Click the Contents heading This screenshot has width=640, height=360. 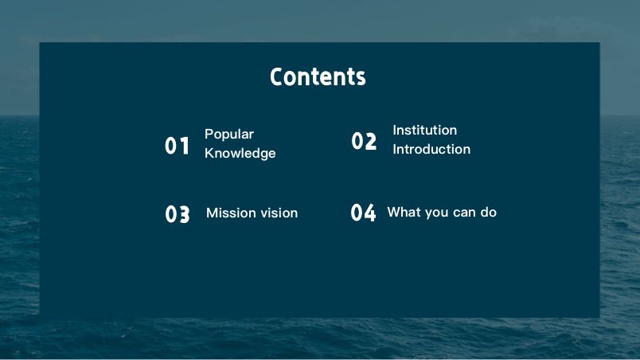click(318, 76)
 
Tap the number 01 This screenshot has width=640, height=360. click(178, 146)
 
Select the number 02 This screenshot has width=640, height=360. click(364, 141)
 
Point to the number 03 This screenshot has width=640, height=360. click(178, 214)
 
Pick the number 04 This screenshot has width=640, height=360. click(363, 213)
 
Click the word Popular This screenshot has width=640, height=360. click(229, 135)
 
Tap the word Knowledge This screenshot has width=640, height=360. click(240, 153)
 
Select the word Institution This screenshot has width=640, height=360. click(424, 130)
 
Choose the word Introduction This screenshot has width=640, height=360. click(431, 149)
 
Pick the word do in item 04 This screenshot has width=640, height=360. click(488, 212)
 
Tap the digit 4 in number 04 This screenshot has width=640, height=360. click(369, 213)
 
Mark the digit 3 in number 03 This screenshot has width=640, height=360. click(184, 214)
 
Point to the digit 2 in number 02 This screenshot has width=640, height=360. click(370, 141)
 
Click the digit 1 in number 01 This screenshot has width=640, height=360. click(185, 146)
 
